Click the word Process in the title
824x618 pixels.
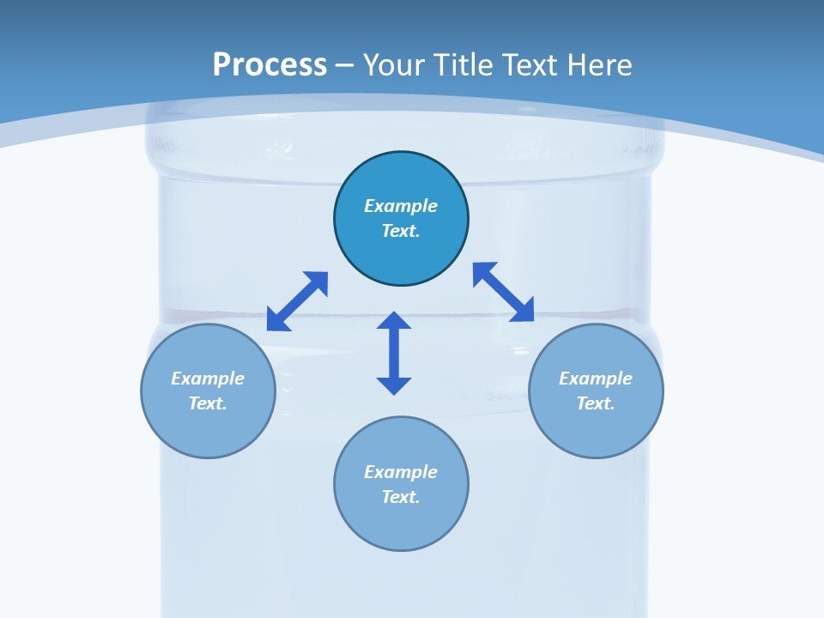[270, 65]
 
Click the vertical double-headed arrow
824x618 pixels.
[394, 353]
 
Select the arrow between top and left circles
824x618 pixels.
[297, 301]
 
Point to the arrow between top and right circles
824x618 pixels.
[504, 292]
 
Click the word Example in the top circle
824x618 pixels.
[401, 206]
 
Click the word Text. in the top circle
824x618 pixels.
[401, 231]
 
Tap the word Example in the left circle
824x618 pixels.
[208, 379]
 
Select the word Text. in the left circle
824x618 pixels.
[208, 403]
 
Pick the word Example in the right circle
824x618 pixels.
[596, 379]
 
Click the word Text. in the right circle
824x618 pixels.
[596, 403]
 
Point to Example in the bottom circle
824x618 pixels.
[401, 472]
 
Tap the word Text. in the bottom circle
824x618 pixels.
[401, 497]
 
